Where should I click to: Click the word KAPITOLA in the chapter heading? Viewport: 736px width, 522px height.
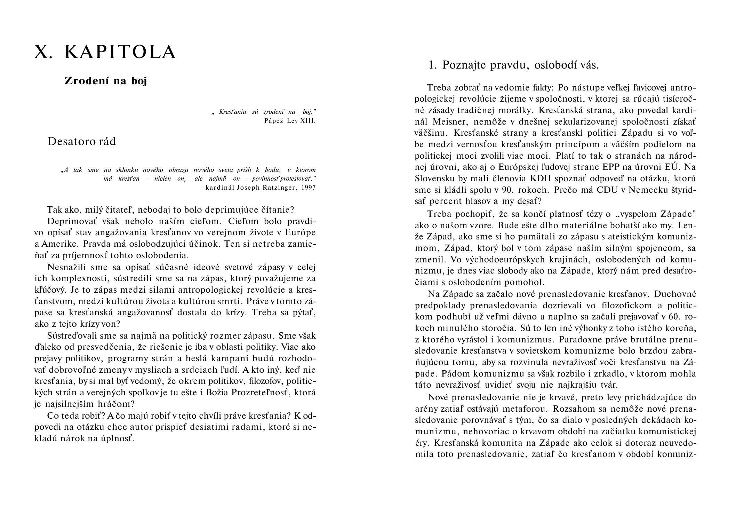point(120,52)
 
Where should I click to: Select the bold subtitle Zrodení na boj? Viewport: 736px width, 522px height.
point(106,81)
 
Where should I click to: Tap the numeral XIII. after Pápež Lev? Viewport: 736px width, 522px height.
point(308,121)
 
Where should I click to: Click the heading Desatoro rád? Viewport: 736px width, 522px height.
point(81,141)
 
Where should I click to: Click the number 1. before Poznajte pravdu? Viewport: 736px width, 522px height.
point(433,65)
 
